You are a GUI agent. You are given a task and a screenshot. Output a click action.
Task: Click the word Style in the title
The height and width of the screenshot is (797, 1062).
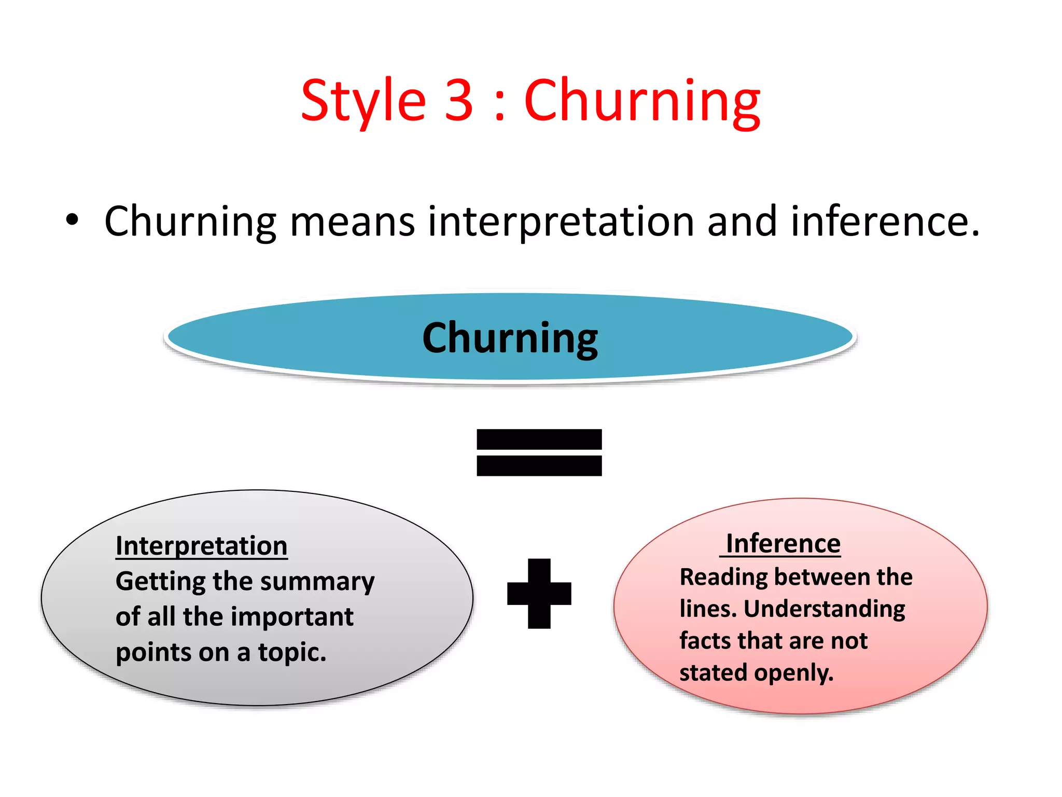point(363,101)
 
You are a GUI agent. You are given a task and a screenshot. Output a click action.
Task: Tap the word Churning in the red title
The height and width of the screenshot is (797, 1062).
point(642,101)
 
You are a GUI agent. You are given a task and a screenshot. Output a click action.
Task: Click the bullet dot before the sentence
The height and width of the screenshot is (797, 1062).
point(72,220)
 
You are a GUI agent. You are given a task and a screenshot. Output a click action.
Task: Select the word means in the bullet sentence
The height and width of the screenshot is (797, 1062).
point(352,222)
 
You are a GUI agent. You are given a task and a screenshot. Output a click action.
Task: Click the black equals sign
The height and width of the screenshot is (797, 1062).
point(539,452)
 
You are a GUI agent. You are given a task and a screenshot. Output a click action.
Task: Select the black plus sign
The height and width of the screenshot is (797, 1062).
point(539,594)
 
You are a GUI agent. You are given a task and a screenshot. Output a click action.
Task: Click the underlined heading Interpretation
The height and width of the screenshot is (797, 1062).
point(201,546)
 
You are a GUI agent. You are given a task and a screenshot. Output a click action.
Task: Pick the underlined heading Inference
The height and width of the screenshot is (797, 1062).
point(782,544)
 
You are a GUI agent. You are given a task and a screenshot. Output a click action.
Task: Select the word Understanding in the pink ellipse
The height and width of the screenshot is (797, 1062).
point(825,610)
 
